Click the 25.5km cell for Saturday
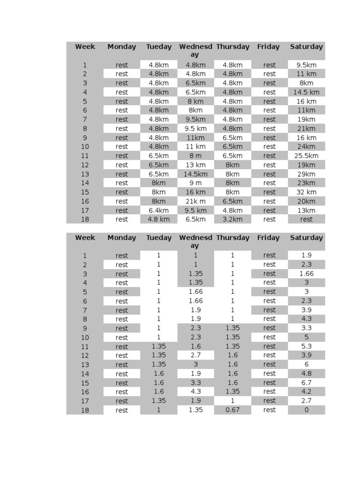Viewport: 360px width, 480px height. point(306,156)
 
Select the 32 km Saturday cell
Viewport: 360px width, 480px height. point(306,192)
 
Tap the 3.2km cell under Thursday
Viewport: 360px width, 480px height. point(232,219)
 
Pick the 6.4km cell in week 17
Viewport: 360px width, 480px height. point(158,210)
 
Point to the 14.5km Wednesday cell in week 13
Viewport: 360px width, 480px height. point(195,174)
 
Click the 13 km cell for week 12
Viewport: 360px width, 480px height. point(195,165)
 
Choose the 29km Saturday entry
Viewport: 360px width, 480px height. point(306,174)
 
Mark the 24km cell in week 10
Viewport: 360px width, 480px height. point(306,147)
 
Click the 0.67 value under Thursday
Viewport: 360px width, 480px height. point(232,410)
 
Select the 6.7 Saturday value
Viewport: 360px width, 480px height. point(306,383)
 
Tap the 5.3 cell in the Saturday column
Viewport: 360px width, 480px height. point(306,346)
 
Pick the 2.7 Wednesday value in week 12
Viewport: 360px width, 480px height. point(195,355)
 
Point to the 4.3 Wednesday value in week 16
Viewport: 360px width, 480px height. point(195,392)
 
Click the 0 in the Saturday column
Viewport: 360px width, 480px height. point(306,410)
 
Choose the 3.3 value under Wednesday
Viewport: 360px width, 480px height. point(195,383)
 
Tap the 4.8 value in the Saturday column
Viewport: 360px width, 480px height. point(306,374)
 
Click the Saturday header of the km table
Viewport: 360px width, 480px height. point(306,47)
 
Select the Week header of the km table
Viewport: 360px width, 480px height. point(85,47)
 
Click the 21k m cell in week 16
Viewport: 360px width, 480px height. point(195,201)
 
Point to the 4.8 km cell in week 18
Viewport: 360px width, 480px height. point(158,219)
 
